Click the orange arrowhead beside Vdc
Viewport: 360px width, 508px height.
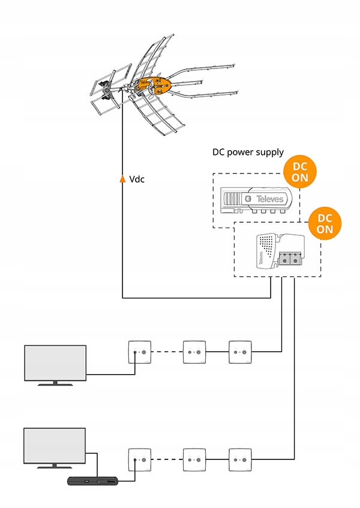click(122, 178)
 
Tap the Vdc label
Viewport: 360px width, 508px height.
click(137, 179)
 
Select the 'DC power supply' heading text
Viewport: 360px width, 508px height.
click(248, 153)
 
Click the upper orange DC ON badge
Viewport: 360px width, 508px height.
click(300, 172)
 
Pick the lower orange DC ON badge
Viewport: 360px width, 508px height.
click(325, 223)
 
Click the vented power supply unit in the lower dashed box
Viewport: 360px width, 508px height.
click(281, 251)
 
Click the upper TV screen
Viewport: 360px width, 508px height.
click(55, 363)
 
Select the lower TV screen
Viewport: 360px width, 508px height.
click(55, 446)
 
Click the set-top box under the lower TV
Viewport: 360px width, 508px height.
click(92, 481)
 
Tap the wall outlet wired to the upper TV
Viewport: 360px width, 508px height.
click(140, 352)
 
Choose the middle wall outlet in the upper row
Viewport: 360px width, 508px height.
click(194, 352)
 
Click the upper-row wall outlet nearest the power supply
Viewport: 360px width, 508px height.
click(240, 352)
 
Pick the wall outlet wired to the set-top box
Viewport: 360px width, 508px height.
click(140, 460)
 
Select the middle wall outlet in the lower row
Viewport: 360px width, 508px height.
click(194, 460)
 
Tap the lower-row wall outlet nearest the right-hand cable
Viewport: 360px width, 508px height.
click(240, 460)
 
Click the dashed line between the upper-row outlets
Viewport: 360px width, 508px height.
click(167, 352)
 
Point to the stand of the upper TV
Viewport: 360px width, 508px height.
click(55, 383)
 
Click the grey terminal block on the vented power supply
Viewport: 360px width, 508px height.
click(290, 259)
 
